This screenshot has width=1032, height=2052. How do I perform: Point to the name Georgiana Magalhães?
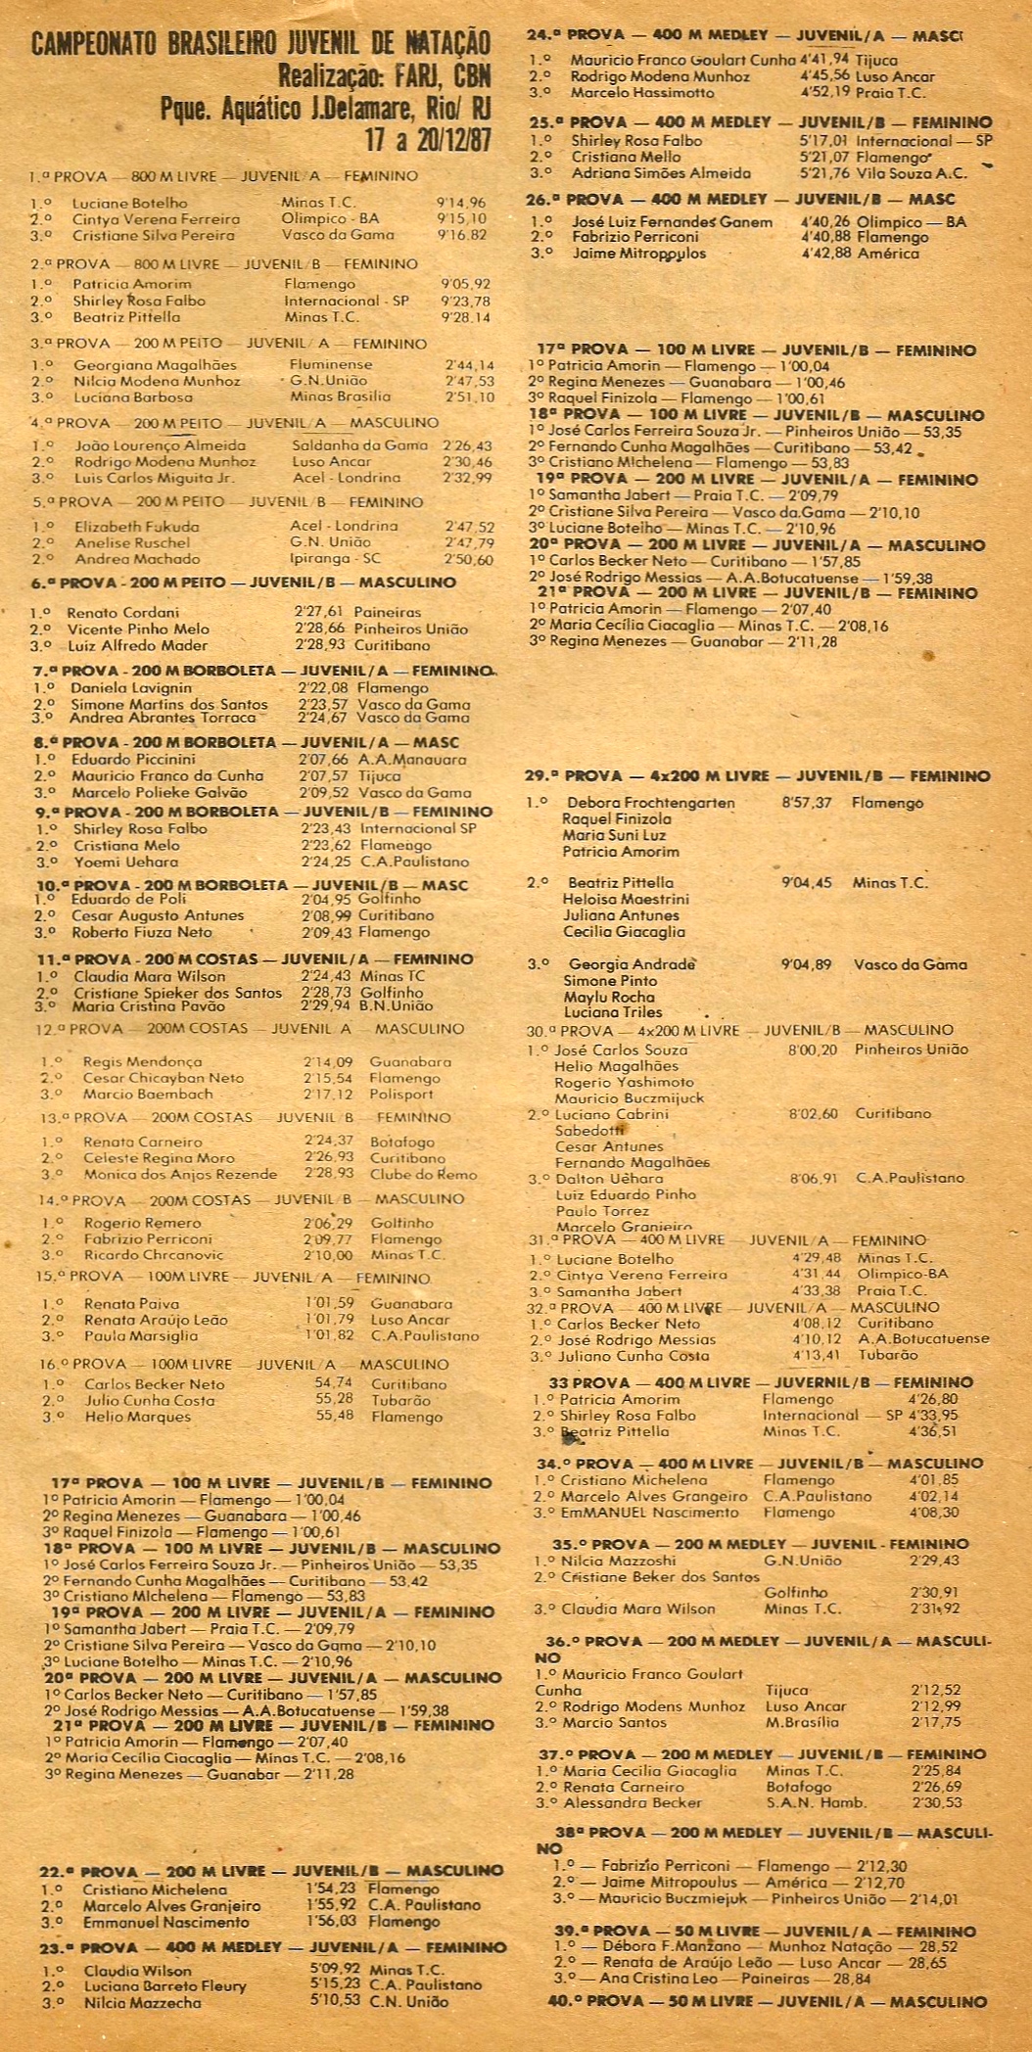[155, 364]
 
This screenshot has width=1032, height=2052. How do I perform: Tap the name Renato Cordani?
[124, 612]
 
